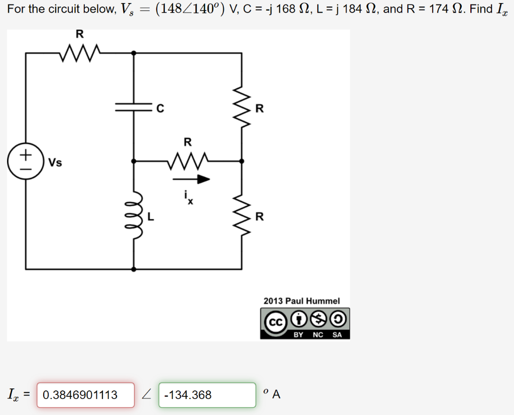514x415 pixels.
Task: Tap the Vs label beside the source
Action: [x=55, y=163]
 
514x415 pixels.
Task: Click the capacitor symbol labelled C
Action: [x=133, y=107]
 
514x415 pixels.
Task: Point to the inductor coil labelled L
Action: [x=134, y=216]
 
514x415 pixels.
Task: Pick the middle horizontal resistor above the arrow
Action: [x=187, y=161]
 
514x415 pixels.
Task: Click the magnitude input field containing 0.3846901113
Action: [x=86, y=395]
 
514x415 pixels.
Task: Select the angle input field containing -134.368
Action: [x=207, y=395]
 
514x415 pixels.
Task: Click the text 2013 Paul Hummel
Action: [x=302, y=301]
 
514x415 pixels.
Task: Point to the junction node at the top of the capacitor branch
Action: [x=133, y=52]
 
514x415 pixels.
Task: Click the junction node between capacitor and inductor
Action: [x=133, y=161]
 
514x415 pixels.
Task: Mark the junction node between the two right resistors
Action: [x=242, y=161]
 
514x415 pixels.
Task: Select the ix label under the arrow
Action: [x=188, y=200]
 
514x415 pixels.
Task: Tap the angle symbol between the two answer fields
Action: [x=146, y=395]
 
